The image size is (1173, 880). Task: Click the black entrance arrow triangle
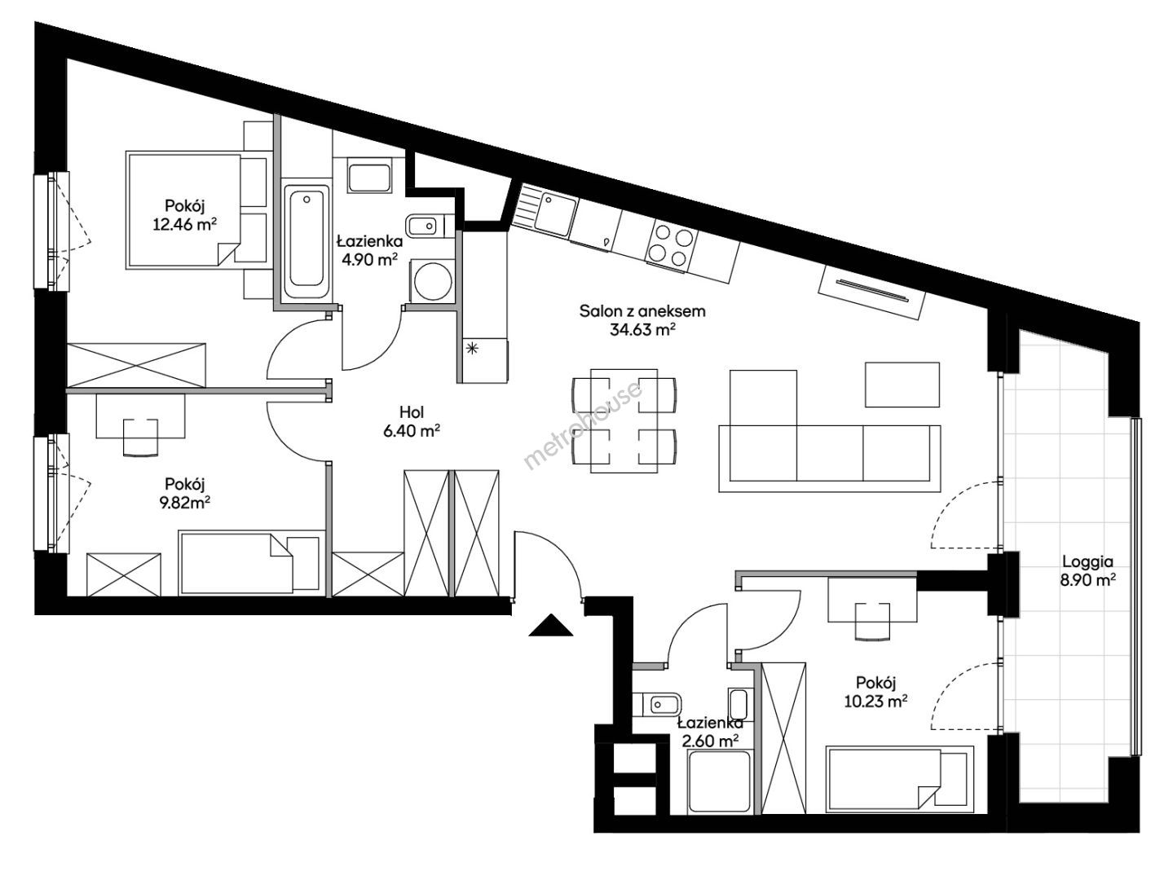pos(550,627)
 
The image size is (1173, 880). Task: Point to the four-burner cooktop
pos(671,246)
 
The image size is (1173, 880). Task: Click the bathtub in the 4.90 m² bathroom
pos(306,242)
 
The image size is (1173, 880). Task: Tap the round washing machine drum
pos(433,281)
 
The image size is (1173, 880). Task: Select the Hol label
pos(412,411)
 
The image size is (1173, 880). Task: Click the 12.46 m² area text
pos(184,224)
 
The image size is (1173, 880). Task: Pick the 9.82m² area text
pos(184,503)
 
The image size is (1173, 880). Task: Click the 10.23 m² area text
pos(875,701)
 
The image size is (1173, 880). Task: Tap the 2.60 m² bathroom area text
pos(710,741)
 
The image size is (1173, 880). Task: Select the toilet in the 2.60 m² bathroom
pos(656,706)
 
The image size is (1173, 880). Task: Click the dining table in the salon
pos(624,420)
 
